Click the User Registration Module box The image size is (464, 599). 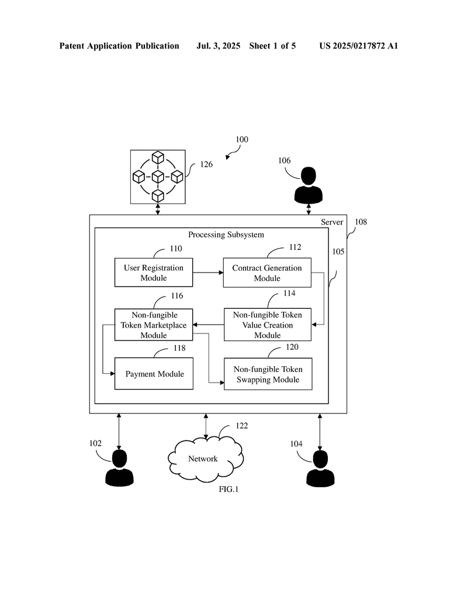[x=153, y=273]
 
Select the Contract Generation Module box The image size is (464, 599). [x=267, y=273]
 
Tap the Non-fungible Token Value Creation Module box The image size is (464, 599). [x=267, y=325]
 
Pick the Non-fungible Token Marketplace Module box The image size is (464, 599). [x=153, y=325]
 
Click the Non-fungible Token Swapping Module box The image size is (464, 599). [x=267, y=374]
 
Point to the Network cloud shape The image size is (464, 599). [x=203, y=459]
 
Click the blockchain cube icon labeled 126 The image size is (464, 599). [x=158, y=176]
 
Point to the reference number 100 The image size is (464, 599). [x=241, y=140]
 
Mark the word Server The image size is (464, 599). [x=332, y=222]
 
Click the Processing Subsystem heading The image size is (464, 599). [x=226, y=235]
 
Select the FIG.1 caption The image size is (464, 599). [x=228, y=490]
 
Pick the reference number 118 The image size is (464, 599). [x=179, y=348]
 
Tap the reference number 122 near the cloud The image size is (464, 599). [x=241, y=426]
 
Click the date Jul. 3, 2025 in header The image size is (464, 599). [x=219, y=46]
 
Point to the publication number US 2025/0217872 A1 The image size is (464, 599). [x=358, y=46]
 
